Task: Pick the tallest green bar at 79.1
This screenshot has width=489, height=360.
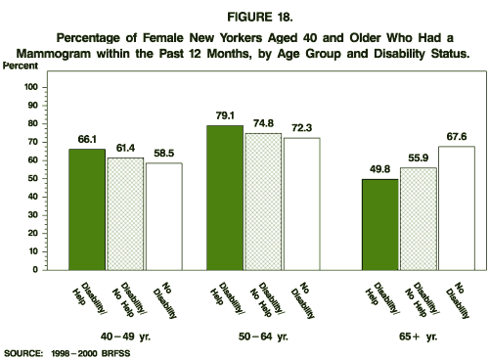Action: pos(225,197)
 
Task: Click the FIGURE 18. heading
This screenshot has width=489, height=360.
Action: pos(244,17)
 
